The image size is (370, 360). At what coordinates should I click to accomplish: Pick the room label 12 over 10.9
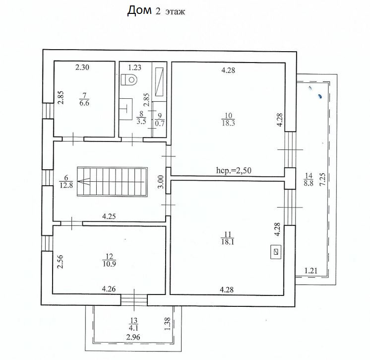tap(109, 260)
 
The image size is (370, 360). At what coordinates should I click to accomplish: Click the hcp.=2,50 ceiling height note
tap(235, 171)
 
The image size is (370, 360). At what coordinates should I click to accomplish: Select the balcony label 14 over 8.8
tap(308, 178)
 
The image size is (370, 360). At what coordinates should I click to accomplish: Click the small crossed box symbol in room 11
tap(276, 252)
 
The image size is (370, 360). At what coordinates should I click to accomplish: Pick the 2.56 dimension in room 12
tap(60, 261)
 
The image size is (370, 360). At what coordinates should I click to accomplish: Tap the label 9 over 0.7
tap(159, 120)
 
